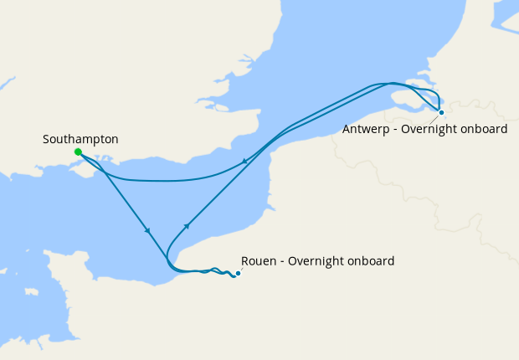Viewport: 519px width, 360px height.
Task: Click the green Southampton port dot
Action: point(78,152)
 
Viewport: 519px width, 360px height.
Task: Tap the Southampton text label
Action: point(80,138)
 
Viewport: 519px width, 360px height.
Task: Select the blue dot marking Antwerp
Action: point(441,111)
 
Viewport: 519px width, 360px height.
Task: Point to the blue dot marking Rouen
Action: point(238,273)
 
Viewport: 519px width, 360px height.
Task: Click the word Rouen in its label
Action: point(257,261)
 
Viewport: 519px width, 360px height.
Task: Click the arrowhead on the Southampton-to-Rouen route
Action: point(147,230)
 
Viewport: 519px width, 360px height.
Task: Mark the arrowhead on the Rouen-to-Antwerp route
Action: point(187,225)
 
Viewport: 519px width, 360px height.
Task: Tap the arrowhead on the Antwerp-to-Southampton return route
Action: point(244,161)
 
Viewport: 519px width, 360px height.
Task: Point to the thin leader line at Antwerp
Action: point(435,117)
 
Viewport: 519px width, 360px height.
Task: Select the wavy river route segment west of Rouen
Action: point(213,271)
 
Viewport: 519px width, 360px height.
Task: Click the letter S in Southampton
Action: point(46,138)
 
